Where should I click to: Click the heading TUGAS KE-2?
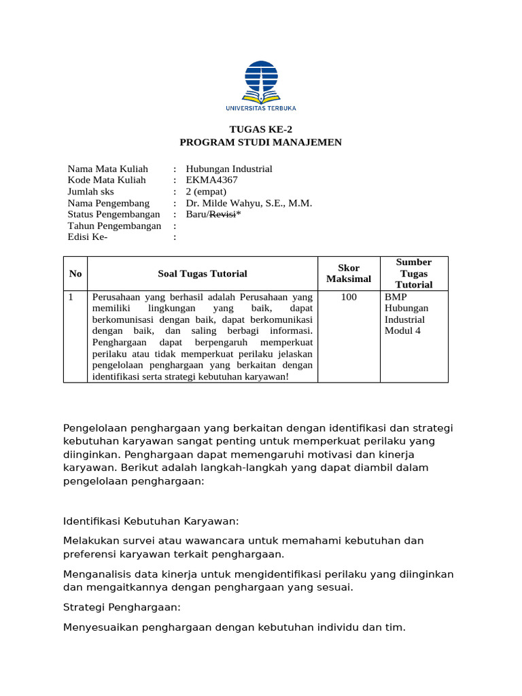tap(260, 129)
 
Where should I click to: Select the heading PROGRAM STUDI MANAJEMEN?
tap(260, 142)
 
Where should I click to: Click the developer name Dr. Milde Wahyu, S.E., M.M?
tap(249, 203)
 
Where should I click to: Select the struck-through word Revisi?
tap(222, 214)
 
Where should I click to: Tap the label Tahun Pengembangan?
tap(114, 226)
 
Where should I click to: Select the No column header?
tap(75, 273)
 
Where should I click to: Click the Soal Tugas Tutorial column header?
tap(203, 273)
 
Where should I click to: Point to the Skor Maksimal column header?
tap(349, 273)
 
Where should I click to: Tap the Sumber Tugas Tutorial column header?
tap(414, 273)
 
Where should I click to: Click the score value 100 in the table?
tap(349, 297)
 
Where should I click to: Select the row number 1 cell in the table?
tap(71, 297)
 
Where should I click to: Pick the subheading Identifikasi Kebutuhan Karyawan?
tap(151, 521)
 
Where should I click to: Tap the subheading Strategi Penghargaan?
tap(122, 607)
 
